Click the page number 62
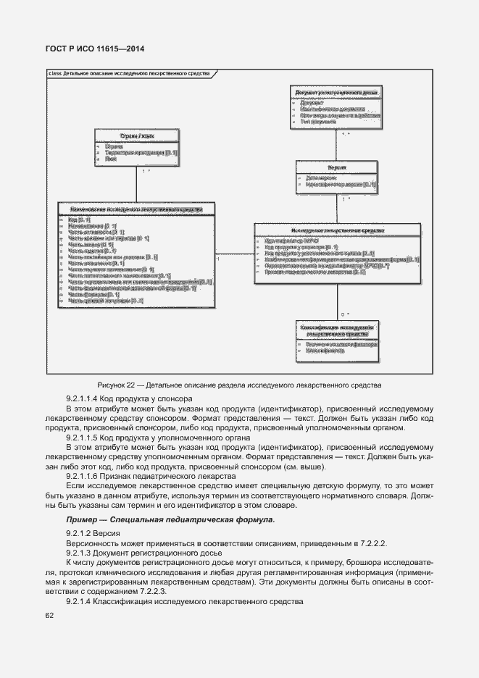point(49,616)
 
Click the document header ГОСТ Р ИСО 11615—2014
point(96,49)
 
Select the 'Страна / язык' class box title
point(136,135)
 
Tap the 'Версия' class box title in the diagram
point(336,167)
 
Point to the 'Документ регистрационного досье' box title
point(336,93)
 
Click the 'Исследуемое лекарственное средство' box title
point(337,230)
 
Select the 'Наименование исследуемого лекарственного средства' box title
point(136,209)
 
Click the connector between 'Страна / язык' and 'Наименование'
point(137,185)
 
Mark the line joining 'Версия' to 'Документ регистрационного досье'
point(337,144)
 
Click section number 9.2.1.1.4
point(86,398)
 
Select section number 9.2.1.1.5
point(86,438)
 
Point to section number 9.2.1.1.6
point(86,476)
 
